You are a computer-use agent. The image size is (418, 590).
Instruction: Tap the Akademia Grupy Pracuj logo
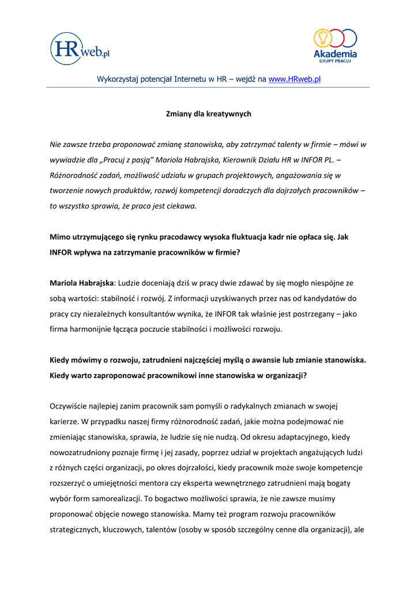[x=335, y=46]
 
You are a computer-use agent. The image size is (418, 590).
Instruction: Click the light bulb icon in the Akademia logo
[x=322, y=37]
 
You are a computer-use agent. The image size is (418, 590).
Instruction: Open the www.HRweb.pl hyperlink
[x=295, y=79]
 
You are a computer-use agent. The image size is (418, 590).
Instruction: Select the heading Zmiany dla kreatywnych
[x=209, y=114]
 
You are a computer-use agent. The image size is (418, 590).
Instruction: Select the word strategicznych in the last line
[x=75, y=528]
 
